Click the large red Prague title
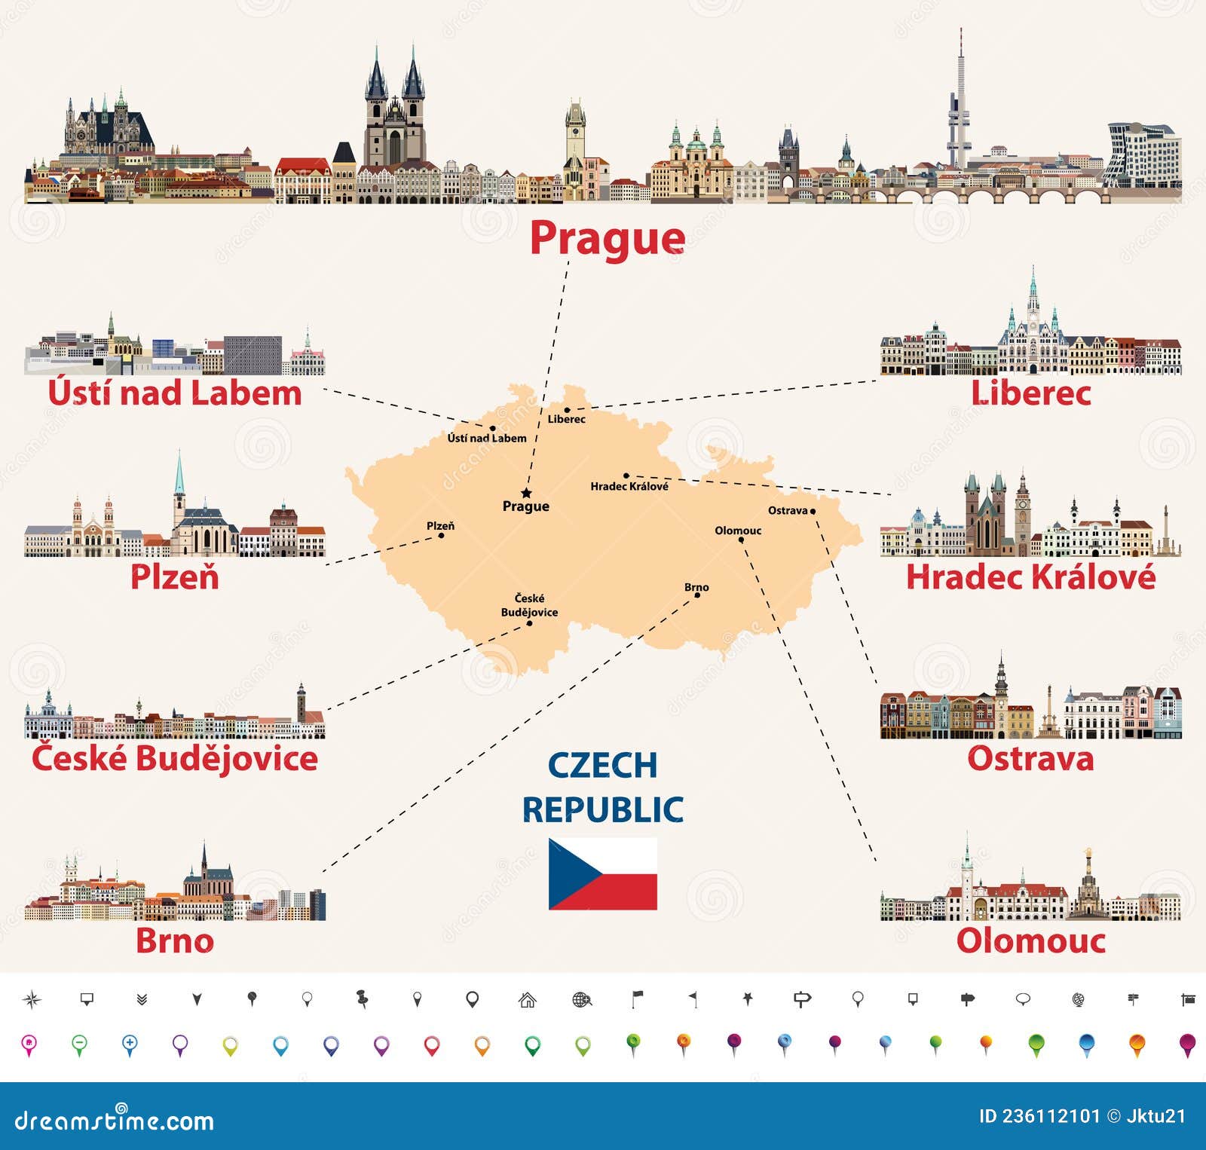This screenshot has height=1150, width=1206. (608, 239)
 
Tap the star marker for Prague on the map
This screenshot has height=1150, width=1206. (526, 493)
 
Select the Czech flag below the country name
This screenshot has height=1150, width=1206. (602, 873)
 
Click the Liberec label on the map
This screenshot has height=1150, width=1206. (566, 419)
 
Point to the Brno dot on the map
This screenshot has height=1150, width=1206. (697, 595)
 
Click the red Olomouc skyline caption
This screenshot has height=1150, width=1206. (1030, 940)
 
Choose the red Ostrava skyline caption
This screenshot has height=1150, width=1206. (1030, 758)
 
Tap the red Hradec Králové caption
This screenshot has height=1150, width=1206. (1030, 577)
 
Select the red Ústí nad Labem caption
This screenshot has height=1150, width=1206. (175, 393)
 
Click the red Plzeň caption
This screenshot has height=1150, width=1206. (175, 577)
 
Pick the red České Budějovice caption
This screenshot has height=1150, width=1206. (175, 758)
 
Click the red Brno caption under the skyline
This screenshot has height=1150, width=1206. (175, 940)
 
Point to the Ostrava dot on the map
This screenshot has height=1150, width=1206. (813, 511)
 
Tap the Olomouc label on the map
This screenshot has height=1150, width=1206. (738, 531)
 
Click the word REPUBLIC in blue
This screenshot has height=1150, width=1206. (603, 810)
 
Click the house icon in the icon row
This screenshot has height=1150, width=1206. (528, 1000)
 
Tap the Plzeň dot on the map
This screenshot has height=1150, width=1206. (442, 535)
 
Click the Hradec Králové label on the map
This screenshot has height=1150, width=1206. (629, 486)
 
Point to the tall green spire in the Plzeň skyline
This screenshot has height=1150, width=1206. (179, 475)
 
